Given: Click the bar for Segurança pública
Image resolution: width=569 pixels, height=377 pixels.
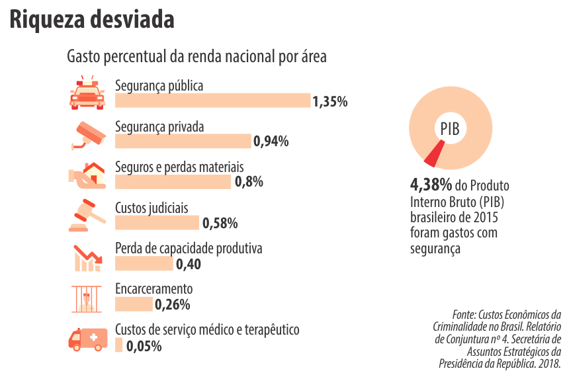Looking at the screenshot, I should coord(212,101).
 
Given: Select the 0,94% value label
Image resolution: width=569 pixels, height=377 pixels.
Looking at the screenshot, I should coord(271,141).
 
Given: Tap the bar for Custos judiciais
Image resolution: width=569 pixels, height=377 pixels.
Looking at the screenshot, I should coord(157,223).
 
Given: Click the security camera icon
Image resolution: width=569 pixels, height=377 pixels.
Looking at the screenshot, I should coord(89,134).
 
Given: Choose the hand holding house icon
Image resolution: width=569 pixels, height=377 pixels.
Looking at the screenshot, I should coord(89,175).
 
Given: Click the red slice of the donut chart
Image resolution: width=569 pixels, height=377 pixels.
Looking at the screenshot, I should coord(433,155).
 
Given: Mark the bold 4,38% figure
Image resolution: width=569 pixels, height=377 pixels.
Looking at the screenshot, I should coord(431,184).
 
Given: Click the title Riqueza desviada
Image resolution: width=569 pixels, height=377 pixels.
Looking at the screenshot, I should coord(92,20).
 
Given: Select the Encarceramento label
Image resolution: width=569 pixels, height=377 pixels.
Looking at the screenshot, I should coord(153,289).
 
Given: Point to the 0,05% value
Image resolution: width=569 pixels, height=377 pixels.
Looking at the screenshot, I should coord(144,345).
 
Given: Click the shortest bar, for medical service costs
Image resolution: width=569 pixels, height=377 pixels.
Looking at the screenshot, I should coord(118,345).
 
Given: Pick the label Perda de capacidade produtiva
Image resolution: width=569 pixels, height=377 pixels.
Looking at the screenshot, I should coord(189,249).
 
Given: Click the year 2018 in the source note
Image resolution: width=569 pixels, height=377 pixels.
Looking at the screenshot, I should coord(548,364).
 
